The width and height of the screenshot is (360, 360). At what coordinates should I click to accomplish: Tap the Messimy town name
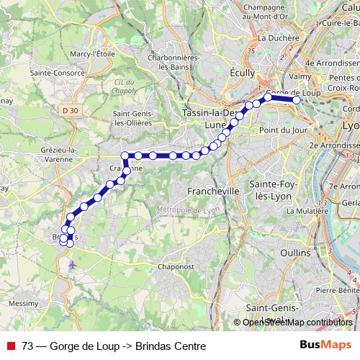[24, 303]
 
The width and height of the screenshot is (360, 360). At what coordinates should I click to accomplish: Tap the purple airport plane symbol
[71, 265]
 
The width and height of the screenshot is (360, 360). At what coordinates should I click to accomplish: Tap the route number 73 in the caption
[27, 346]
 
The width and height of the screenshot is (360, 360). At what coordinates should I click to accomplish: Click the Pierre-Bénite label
[337, 289]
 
